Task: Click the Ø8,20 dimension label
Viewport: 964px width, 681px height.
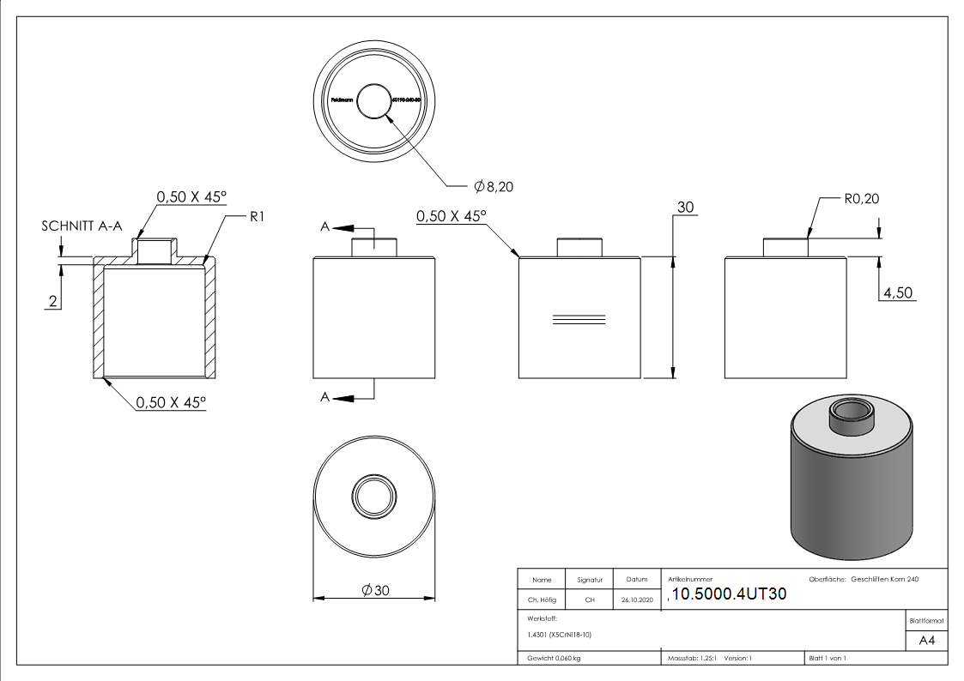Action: click(x=494, y=186)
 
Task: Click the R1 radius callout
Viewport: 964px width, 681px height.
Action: click(x=256, y=217)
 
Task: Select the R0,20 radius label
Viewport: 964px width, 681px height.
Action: click(x=861, y=199)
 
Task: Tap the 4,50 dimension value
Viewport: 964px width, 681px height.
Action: click(x=897, y=292)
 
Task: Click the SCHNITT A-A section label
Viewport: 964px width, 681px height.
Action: click(x=82, y=226)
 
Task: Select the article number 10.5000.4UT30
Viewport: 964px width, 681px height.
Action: click(x=728, y=594)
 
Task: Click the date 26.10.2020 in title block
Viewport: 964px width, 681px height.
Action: click(x=637, y=600)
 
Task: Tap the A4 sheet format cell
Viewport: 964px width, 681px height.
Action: click(x=926, y=641)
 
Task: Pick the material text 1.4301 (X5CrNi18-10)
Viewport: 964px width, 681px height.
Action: click(x=560, y=635)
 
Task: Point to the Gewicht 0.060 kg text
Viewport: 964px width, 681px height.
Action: click(x=554, y=658)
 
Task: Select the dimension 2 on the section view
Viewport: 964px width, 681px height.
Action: click(x=52, y=301)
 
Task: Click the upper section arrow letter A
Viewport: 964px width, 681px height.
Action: click(x=325, y=226)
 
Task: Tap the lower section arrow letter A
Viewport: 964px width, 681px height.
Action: click(x=325, y=396)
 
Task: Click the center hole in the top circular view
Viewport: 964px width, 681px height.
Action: click(x=373, y=101)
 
